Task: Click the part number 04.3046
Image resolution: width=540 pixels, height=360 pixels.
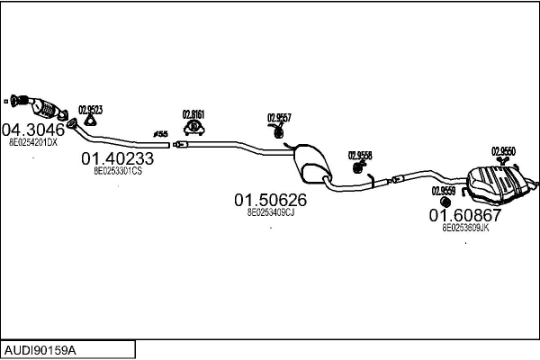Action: click(x=33, y=129)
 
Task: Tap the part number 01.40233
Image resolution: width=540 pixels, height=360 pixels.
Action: click(x=118, y=158)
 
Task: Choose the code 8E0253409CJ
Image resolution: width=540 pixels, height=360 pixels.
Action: click(x=271, y=212)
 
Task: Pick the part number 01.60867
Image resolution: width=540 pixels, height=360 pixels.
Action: click(x=464, y=215)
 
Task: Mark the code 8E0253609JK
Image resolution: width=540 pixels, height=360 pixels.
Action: click(x=465, y=229)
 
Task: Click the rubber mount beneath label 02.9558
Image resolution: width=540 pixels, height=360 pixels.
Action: click(x=359, y=166)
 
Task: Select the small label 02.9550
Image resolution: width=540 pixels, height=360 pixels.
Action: click(x=503, y=151)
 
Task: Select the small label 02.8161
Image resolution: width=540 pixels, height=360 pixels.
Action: click(x=193, y=114)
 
